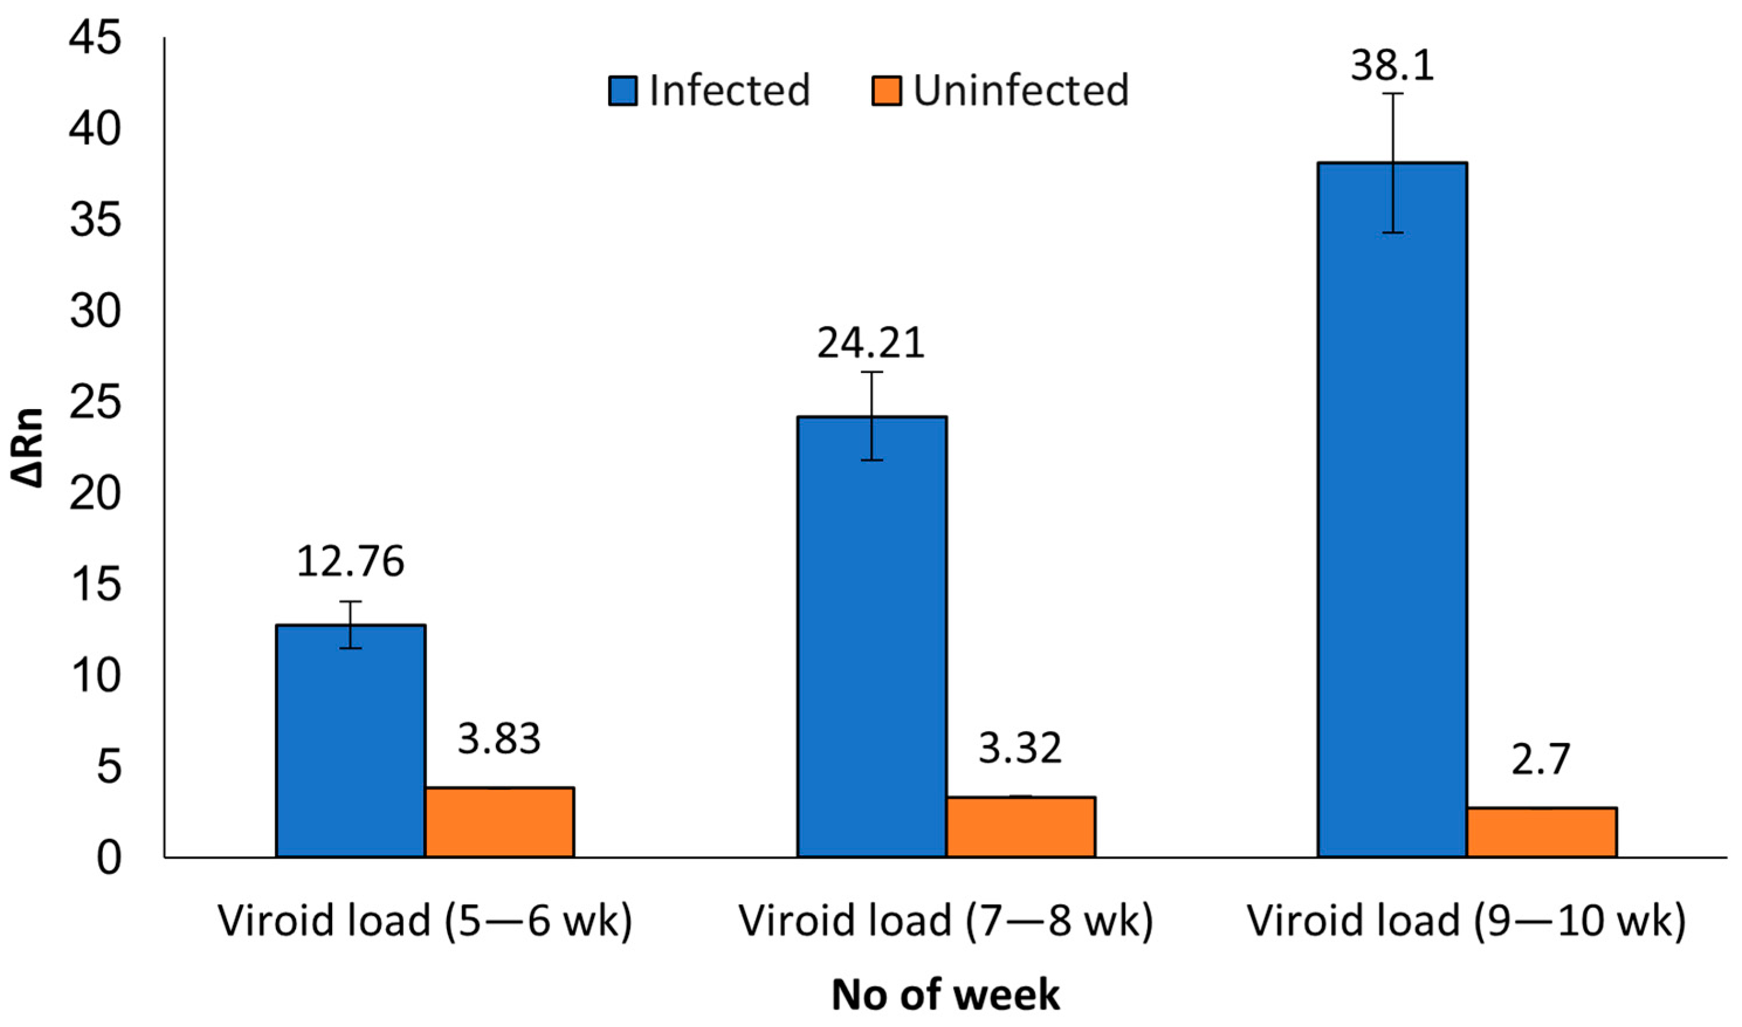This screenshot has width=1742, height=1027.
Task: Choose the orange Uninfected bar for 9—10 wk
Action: [x=1541, y=832]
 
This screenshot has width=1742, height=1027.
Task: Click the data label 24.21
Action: [x=871, y=343]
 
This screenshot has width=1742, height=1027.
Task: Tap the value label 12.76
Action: [x=350, y=562]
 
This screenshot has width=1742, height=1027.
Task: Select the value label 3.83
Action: [x=499, y=739]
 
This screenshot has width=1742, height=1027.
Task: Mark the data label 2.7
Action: [x=1541, y=759]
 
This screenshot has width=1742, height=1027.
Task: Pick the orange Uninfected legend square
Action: [x=886, y=91]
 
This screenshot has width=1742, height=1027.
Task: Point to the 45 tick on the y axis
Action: [x=95, y=37]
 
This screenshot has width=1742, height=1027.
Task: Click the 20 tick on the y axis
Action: [x=95, y=493]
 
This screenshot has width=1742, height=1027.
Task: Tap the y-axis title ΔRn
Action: [x=27, y=448]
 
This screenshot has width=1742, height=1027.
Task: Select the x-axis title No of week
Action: [x=945, y=995]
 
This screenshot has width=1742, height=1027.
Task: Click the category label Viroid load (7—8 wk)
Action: [x=945, y=921]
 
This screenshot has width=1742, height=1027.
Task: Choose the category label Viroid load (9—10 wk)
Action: [x=1467, y=921]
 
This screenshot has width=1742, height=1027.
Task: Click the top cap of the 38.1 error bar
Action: [x=1392, y=94]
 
